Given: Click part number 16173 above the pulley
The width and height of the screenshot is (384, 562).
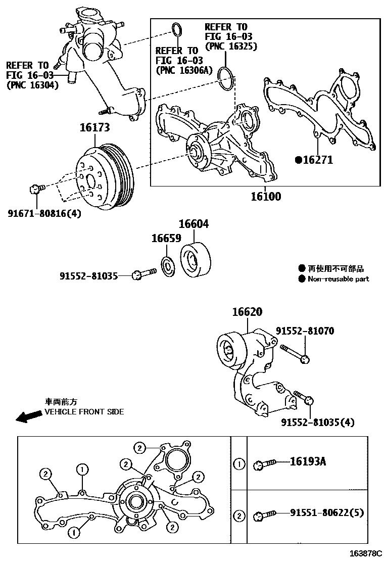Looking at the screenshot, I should (94, 128).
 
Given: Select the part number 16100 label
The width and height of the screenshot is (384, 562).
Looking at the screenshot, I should (266, 196).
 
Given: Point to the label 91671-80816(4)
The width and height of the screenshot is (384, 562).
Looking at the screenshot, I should (44, 213).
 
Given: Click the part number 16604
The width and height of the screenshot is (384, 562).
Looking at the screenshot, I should (193, 224).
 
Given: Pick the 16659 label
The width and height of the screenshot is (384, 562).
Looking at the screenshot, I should (166, 239).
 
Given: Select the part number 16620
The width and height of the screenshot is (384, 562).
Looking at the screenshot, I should (247, 312).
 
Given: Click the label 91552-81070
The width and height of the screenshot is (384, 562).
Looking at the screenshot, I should (305, 331).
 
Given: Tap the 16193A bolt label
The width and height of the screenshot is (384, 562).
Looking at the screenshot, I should (308, 462).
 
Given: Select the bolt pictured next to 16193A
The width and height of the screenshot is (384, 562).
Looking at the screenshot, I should (265, 462).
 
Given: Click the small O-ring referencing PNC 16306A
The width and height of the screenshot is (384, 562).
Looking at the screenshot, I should (176, 29).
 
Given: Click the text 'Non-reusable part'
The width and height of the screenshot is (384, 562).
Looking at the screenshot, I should (338, 279).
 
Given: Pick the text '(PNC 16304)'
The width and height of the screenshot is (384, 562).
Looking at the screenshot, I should (32, 85).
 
